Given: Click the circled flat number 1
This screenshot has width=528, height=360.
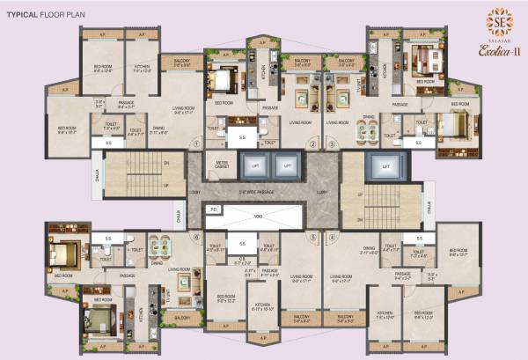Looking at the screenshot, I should pos(196,145).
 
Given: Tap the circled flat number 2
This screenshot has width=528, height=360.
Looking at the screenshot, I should pos(312,145).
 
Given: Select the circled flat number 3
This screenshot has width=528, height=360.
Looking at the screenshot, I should pos(331,145).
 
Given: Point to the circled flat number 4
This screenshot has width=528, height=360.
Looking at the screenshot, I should pos(331,236).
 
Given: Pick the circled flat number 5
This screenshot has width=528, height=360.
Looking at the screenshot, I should pos(312,236).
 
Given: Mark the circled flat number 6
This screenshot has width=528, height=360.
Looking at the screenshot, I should pos(196,236).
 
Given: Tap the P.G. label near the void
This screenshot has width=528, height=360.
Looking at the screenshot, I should pos(214,209).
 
